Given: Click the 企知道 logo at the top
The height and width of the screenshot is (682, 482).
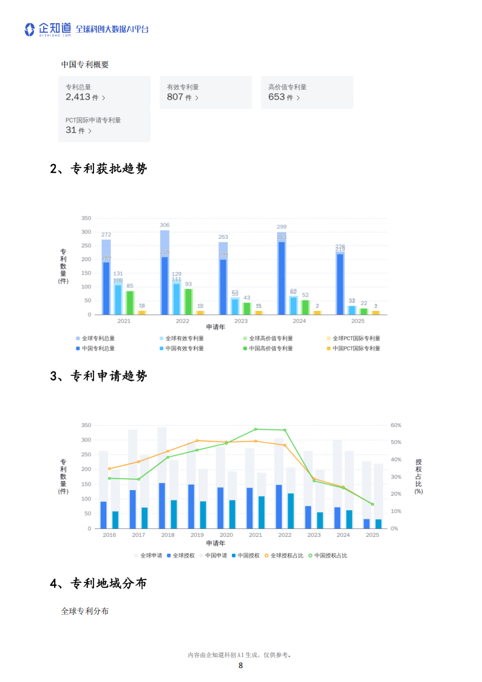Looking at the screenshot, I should click(x=47, y=29).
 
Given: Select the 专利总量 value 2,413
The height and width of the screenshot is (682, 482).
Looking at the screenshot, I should click(x=78, y=97).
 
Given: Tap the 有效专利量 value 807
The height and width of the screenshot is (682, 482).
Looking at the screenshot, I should click(x=175, y=97).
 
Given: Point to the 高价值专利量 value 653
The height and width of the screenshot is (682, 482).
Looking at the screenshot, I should click(x=277, y=97).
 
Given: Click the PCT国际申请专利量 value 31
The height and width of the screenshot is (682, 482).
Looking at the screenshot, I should click(x=72, y=130).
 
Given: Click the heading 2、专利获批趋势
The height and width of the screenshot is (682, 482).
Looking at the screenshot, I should click(x=98, y=169).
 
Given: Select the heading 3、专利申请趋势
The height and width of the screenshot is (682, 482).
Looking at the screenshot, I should click(x=98, y=376).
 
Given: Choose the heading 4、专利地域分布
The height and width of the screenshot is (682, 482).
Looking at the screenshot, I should click(x=98, y=584).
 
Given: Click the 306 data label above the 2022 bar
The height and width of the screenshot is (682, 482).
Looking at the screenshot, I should click(x=165, y=225).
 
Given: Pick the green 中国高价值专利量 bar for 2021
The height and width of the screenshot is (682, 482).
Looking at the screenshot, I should click(x=130, y=302).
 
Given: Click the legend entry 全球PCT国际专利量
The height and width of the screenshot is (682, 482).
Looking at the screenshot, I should click(x=356, y=338).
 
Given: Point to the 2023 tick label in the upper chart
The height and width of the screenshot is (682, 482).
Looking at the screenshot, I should click(x=241, y=321).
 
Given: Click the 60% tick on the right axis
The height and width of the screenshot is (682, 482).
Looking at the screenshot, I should click(x=395, y=425).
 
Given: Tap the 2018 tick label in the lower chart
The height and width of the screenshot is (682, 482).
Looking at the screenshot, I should click(x=168, y=535).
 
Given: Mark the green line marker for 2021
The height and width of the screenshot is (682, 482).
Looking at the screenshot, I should click(x=256, y=429).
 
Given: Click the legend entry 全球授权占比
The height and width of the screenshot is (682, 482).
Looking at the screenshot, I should click(x=287, y=555).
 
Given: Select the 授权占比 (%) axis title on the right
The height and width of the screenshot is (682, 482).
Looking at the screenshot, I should click(x=419, y=476).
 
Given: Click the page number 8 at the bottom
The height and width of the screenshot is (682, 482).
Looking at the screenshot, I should click(x=241, y=666).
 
